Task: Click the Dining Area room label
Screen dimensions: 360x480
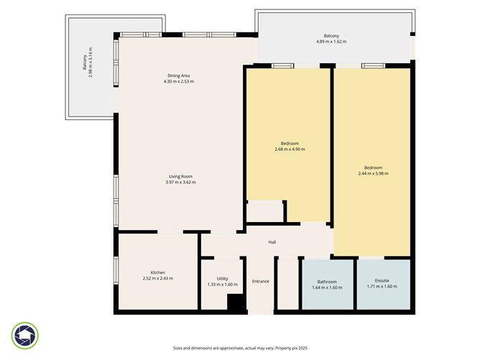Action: pyautogui.click(x=179, y=75)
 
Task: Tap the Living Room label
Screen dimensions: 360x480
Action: pyautogui.click(x=180, y=176)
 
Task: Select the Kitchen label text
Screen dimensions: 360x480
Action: pyautogui.click(x=157, y=272)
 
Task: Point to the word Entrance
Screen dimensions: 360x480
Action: pyautogui.click(x=260, y=281)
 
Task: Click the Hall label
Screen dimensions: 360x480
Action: pyautogui.click(x=272, y=242)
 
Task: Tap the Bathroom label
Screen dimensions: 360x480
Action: pyautogui.click(x=327, y=282)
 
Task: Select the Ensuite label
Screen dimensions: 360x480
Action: pyautogui.click(x=382, y=281)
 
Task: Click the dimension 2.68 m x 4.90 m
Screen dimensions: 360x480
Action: pyautogui.click(x=290, y=149)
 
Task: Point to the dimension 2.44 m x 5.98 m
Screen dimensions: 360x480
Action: pyautogui.click(x=373, y=173)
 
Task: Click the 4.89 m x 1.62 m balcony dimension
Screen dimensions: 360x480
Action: pyautogui.click(x=331, y=42)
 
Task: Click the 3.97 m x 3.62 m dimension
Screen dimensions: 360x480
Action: pyautogui.click(x=180, y=183)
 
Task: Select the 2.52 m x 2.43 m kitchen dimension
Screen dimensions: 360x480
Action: pyautogui.click(x=157, y=279)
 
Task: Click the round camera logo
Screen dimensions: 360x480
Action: pyautogui.click(x=25, y=336)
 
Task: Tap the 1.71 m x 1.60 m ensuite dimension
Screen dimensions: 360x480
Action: pyautogui.click(x=382, y=287)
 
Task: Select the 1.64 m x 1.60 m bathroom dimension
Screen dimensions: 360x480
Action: pyautogui.click(x=327, y=287)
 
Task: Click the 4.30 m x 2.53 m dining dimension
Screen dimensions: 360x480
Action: pyautogui.click(x=179, y=81)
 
